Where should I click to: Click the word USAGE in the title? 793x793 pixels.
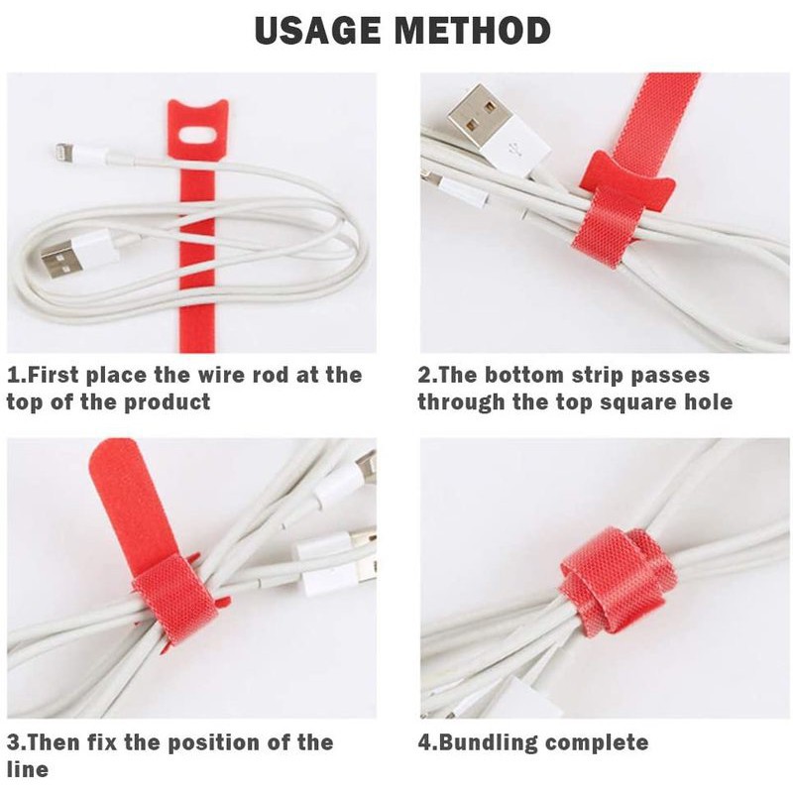[x=318, y=31]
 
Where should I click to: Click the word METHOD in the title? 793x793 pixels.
[x=473, y=31]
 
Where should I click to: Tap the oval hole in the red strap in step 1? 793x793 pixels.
[x=196, y=136]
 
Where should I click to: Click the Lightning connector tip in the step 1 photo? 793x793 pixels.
[x=61, y=151]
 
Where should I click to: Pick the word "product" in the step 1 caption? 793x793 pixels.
[x=167, y=403]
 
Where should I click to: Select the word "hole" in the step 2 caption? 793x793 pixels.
[x=708, y=402]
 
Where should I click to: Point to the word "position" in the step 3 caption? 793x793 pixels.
[x=211, y=743]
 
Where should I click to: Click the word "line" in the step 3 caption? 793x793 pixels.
[x=28, y=769]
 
